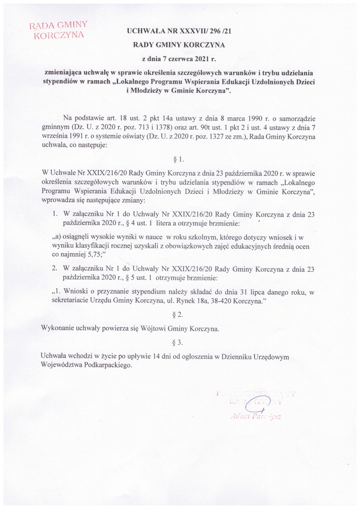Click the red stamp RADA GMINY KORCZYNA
click(x=59, y=30)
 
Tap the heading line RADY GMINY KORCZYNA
click(x=180, y=44)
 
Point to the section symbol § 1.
click(x=180, y=160)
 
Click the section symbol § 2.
click(x=180, y=315)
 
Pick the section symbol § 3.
click(x=180, y=342)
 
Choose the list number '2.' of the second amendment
click(x=55, y=269)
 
